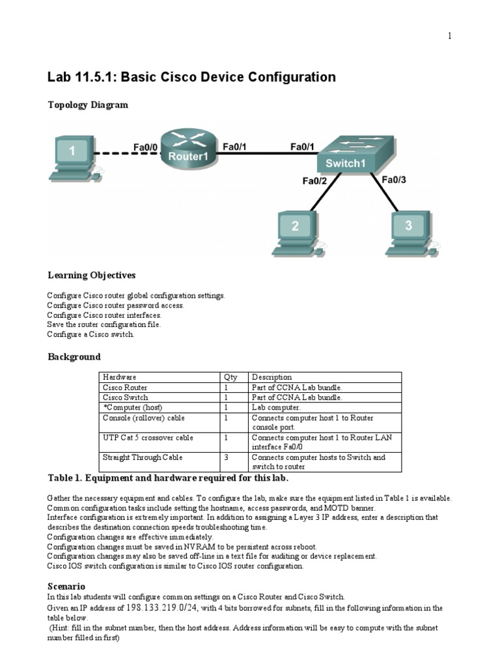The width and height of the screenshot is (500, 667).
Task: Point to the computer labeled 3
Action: click(408, 231)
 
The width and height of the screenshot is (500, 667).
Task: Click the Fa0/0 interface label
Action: click(145, 148)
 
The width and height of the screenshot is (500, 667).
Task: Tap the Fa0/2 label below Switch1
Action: click(314, 181)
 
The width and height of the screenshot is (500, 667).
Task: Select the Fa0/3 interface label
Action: click(394, 180)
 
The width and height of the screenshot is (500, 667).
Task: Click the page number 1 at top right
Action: click(449, 36)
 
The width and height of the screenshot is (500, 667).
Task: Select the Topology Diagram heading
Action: click(87, 104)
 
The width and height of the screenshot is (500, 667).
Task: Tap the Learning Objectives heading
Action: click(91, 275)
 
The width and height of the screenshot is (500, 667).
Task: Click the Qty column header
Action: click(230, 377)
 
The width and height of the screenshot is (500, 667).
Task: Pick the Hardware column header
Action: click(120, 377)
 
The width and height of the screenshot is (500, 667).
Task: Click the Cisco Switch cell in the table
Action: click(126, 397)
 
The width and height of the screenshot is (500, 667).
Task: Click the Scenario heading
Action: click(66, 586)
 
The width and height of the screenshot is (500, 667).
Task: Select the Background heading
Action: click(74, 357)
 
